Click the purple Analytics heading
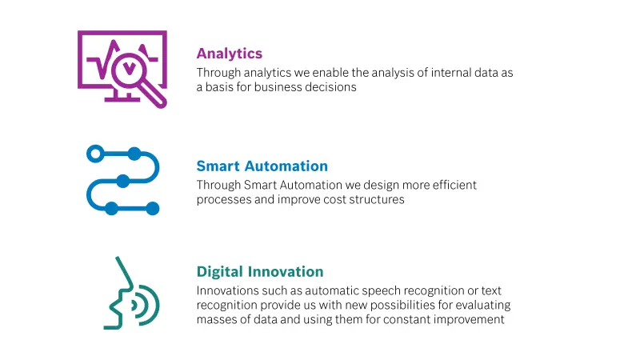[230, 54]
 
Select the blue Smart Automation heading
[262, 166]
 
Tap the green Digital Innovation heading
[260, 272]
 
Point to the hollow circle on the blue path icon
[95, 154]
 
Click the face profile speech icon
[131, 293]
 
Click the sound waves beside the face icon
[146, 306]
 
